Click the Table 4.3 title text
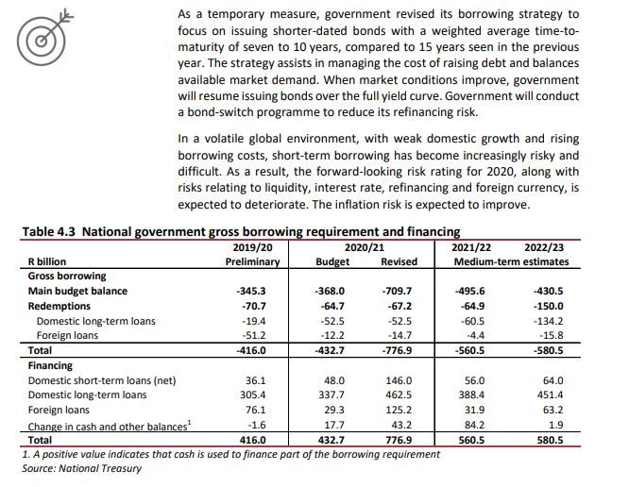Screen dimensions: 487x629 240,231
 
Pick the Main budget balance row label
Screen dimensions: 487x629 77,292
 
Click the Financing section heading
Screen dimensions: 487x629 51,365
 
